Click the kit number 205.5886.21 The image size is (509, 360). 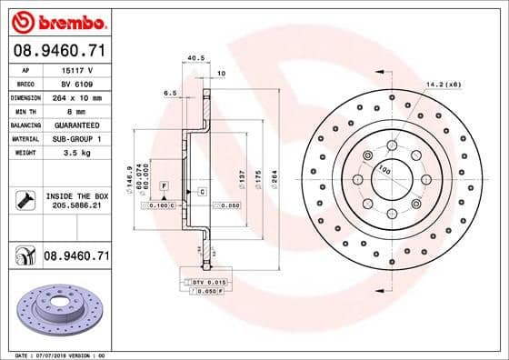[76, 206]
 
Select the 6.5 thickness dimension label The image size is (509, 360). [169, 93]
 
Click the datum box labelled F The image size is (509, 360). [164, 185]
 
